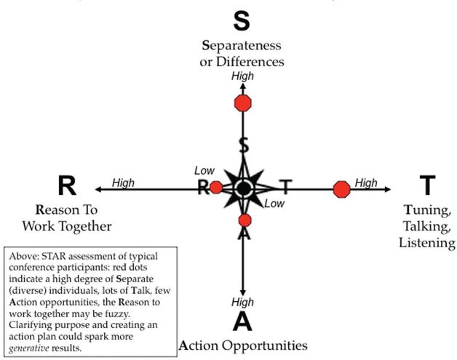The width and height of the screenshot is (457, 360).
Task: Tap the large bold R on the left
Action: pos(66,186)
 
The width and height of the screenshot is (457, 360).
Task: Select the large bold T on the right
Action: pos(427,186)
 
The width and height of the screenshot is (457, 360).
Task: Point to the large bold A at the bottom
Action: pos(242,319)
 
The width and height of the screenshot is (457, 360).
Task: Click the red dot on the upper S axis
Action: pos(243,103)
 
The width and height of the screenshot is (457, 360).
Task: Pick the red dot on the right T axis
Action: pos(341,189)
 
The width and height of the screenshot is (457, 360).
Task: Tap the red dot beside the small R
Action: pos(215,188)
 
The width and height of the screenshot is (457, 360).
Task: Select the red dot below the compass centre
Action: pos(245,220)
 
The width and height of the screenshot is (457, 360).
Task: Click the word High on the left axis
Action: pos(123,183)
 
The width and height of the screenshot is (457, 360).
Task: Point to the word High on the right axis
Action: pos(366,183)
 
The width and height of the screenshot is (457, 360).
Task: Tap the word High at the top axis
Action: pos(242,76)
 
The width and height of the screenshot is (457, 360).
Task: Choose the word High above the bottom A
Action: pos(242,301)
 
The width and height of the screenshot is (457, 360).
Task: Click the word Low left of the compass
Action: pos(204,170)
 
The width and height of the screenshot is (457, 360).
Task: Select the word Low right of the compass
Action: pos(274,204)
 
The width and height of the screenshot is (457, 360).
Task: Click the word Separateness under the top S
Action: pos(242,47)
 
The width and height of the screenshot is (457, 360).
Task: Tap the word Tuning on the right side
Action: pos(426,211)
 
